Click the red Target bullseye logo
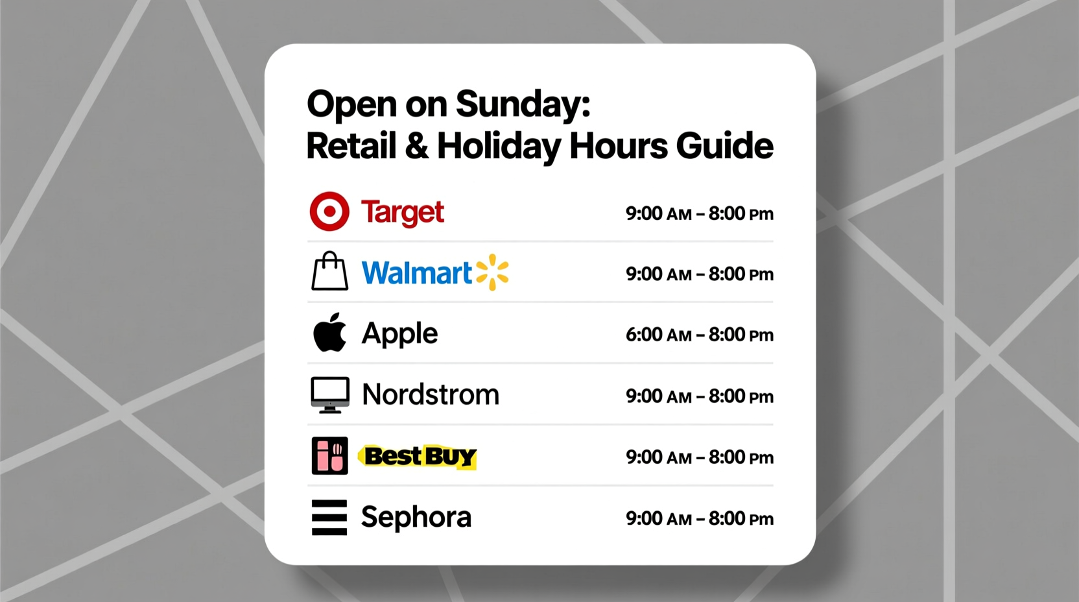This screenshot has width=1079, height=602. [329, 211]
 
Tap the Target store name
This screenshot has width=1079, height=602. [402, 213]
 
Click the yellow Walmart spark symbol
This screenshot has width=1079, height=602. [492, 272]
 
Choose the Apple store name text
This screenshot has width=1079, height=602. [399, 334]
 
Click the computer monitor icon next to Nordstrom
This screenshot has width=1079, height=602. [329, 394]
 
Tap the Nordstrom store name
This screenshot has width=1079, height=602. [431, 394]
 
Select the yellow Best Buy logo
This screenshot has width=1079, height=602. [419, 457]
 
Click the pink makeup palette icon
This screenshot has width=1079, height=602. [329, 456]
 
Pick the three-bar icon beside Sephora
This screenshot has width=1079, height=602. [329, 517]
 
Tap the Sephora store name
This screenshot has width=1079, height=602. [416, 518]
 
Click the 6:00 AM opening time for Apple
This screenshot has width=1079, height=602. [658, 335]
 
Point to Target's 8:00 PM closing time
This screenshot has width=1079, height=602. [741, 213]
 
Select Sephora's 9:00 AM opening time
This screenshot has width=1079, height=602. [658, 518]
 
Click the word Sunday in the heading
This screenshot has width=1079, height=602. [523, 104]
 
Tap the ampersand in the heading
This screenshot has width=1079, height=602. [416, 146]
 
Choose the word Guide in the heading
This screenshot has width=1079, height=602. [724, 146]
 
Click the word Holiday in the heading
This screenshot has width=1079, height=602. [499, 147]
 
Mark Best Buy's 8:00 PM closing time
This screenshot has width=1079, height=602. [741, 457]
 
